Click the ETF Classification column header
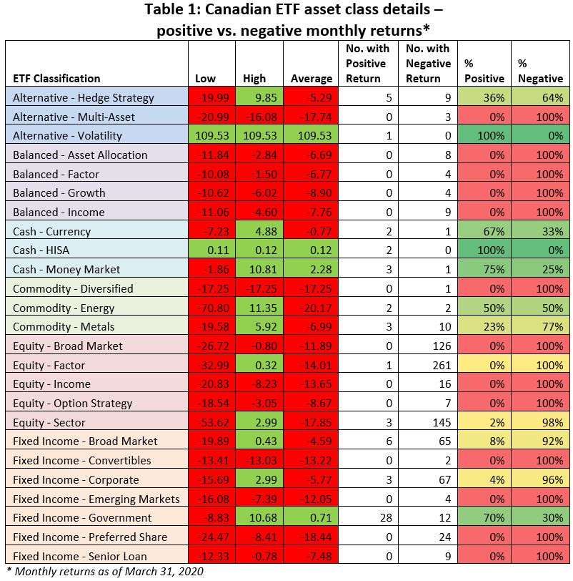coord(56,78)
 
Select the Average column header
coord(311,78)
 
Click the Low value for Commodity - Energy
coord(211,308)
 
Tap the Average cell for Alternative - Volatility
coord(311,135)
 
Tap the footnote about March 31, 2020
coord(105,571)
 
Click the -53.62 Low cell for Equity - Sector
coord(211,422)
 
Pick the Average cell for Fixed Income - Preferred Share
coord(311,537)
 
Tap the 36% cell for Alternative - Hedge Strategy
coord(484,97)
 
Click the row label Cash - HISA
coord(44,250)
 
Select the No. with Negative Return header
coord(428,63)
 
